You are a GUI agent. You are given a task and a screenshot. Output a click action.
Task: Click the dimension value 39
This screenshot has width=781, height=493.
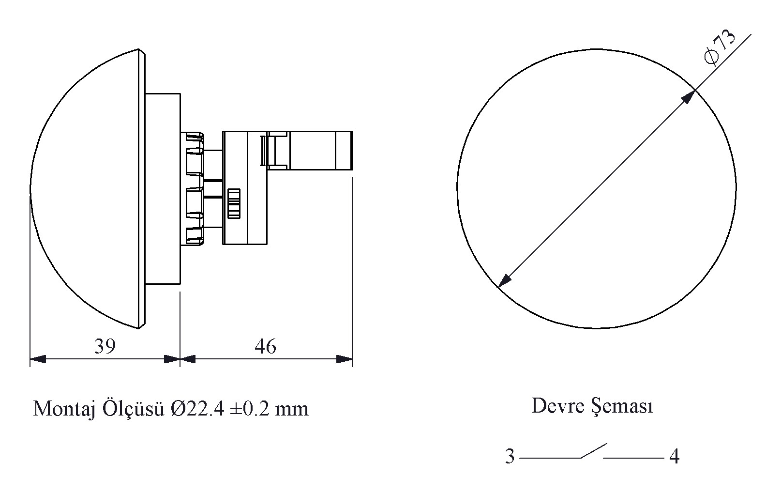point(105,347)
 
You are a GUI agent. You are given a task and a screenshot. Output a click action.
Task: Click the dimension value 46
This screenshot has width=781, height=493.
point(265,347)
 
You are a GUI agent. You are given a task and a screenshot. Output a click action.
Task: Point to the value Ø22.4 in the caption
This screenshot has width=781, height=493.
point(197,409)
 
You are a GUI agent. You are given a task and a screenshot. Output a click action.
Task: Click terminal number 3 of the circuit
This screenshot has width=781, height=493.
point(510,457)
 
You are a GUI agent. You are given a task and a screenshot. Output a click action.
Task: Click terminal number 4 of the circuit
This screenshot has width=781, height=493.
point(674,457)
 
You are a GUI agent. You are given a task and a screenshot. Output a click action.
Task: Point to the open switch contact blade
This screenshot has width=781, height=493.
point(594,451)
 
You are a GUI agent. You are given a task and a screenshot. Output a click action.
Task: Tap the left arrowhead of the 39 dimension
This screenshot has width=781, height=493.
point(38,359)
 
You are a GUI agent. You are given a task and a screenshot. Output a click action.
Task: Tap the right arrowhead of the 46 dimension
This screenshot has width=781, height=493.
point(345,359)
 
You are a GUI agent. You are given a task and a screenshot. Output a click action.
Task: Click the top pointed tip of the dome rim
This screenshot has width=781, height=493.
point(139,49)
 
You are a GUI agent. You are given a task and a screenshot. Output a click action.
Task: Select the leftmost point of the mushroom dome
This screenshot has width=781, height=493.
point(30,189)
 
